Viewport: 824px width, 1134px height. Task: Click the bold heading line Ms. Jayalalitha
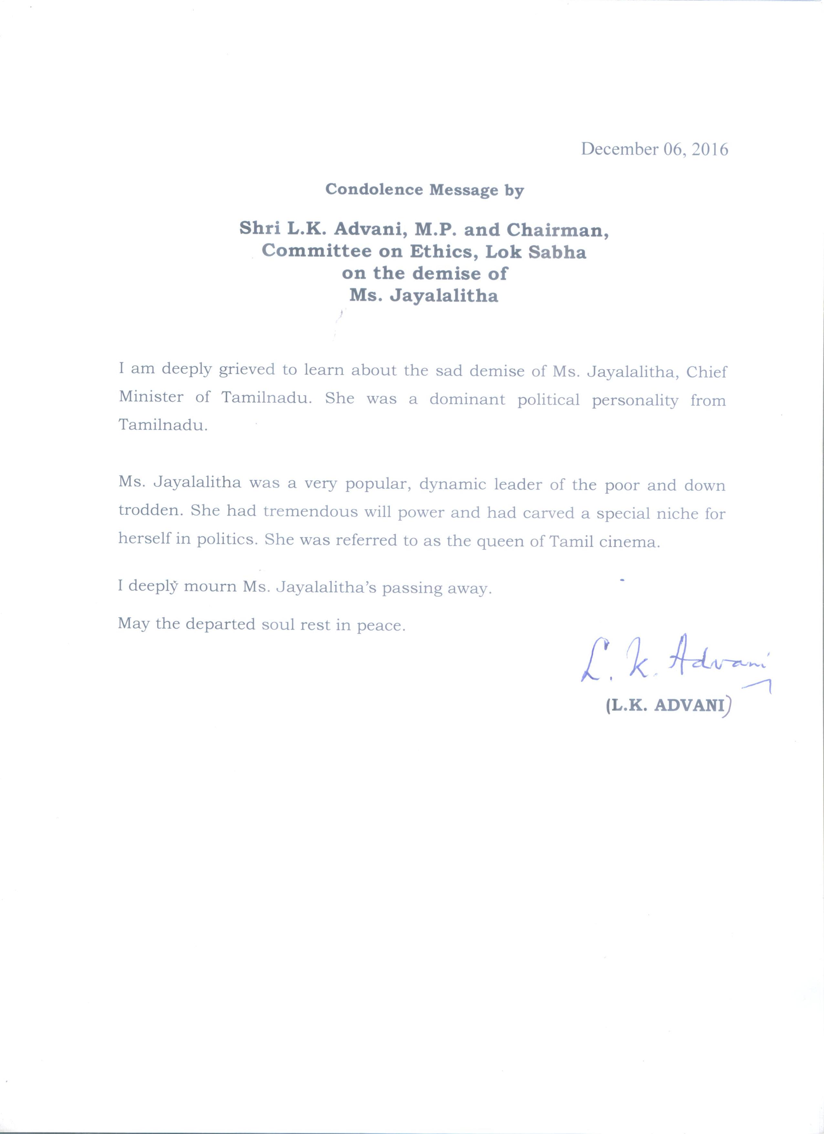(x=424, y=296)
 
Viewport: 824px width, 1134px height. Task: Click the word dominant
(x=468, y=400)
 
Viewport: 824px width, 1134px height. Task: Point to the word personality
(x=635, y=401)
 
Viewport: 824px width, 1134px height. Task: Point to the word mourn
(x=210, y=586)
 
